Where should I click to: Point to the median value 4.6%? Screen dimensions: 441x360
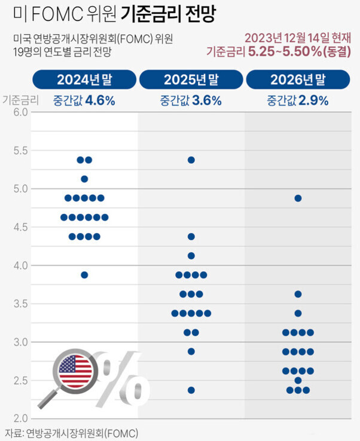pyautogui.click(x=100, y=100)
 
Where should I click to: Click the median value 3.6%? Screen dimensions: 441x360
pyautogui.click(x=208, y=100)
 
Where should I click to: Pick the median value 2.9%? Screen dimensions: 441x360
pyautogui.click(x=315, y=100)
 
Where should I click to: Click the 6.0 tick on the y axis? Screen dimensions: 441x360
pyautogui.click(x=20, y=112)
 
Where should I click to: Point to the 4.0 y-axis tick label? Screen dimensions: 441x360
pyautogui.click(x=20, y=265)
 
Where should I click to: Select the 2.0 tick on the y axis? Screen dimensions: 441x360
pyautogui.click(x=20, y=418)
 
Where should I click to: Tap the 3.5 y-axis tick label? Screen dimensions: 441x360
pyautogui.click(x=20, y=304)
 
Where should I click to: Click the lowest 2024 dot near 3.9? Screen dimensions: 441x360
pyautogui.click(x=84, y=275)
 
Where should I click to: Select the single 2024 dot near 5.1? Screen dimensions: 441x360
pyautogui.click(x=84, y=179)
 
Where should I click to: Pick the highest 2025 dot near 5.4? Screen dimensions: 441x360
pyautogui.click(x=191, y=160)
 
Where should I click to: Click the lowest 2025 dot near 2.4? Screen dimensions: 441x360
pyautogui.click(x=191, y=390)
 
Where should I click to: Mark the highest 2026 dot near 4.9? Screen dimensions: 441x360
pyautogui.click(x=298, y=198)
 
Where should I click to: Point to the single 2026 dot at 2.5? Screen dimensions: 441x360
pyautogui.click(x=298, y=381)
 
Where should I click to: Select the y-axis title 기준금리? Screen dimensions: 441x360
pyautogui.click(x=20, y=100)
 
